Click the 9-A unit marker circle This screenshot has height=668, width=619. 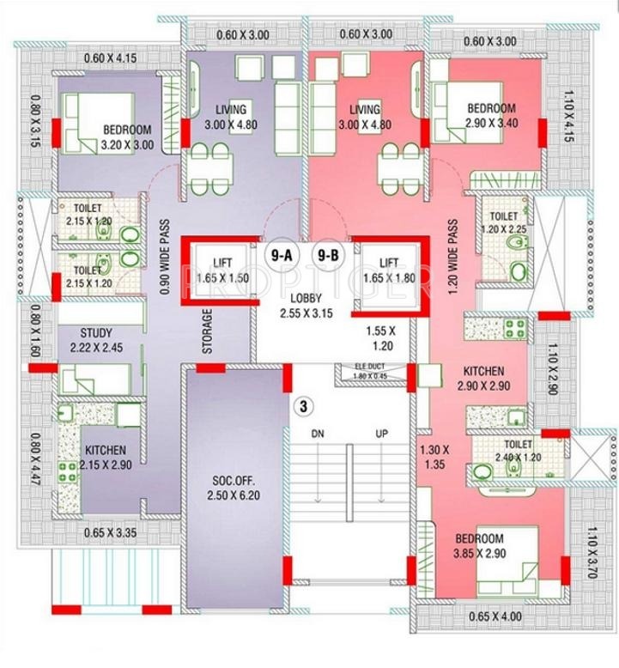pyautogui.click(x=281, y=255)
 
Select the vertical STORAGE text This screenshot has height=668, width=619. pyautogui.click(x=206, y=331)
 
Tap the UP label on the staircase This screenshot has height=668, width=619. pyautogui.click(x=382, y=433)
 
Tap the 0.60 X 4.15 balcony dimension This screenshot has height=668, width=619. pyautogui.click(x=111, y=58)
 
